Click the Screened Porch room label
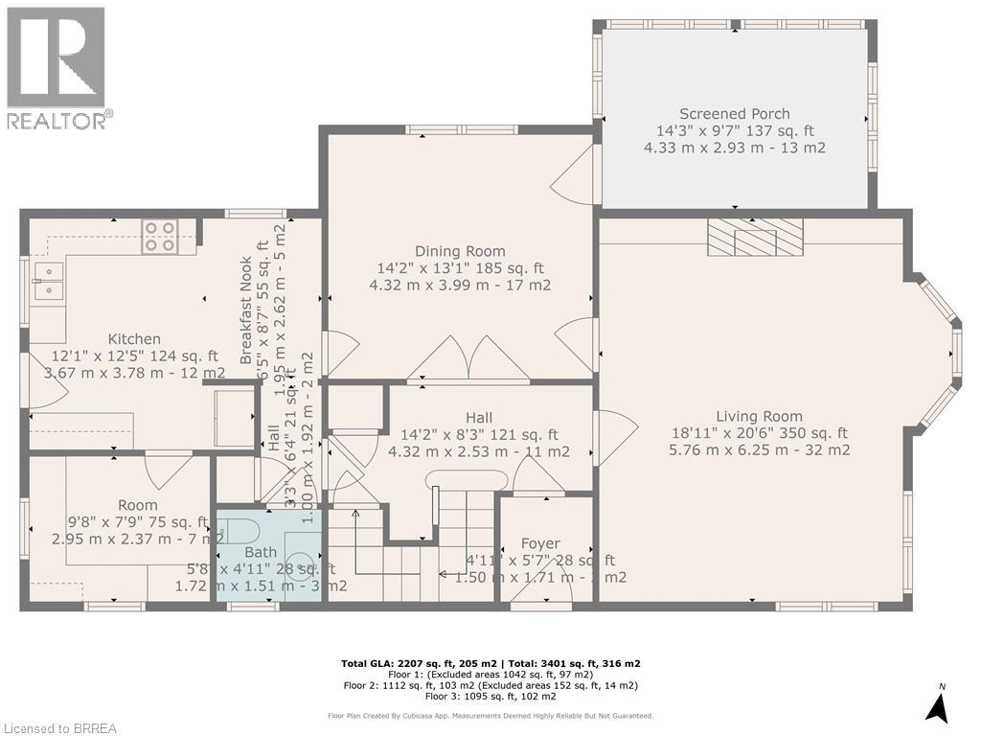click(x=735, y=113)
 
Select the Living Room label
click(x=758, y=416)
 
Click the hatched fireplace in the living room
click(x=755, y=237)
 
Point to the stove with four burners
click(x=159, y=237)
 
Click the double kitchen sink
click(x=48, y=281)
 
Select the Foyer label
click(x=539, y=543)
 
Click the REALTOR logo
click(x=57, y=67)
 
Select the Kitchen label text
click(x=134, y=339)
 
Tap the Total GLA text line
click(x=490, y=663)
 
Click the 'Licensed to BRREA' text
click(x=59, y=728)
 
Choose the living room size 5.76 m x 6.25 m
click(x=759, y=449)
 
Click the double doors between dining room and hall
click(x=468, y=359)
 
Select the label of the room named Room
click(x=137, y=505)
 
